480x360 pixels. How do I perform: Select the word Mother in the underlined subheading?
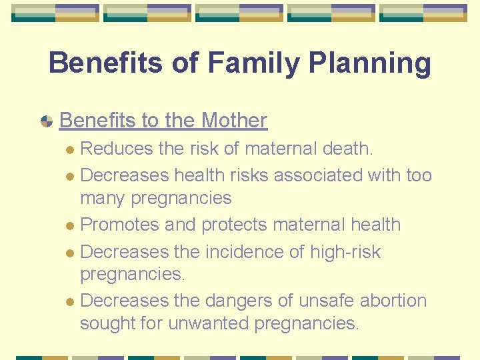[x=234, y=120]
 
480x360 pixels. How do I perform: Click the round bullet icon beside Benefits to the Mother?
[x=47, y=121]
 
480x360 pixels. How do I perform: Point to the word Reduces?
[x=117, y=148]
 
